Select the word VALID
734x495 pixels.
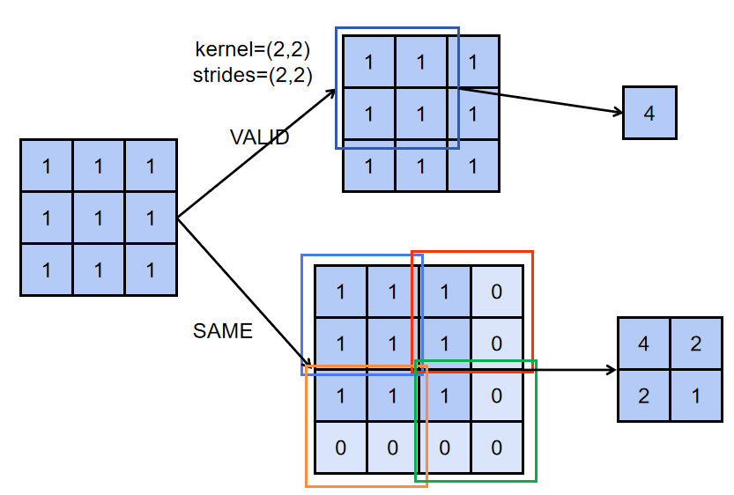[x=259, y=137]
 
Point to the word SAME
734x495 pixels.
[x=222, y=331]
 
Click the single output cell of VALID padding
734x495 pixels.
[x=649, y=113]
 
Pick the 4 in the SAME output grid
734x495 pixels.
[x=643, y=344]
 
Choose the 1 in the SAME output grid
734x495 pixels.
[x=695, y=395]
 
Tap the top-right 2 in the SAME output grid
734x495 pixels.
[x=695, y=344]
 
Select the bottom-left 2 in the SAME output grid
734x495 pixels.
[x=643, y=395]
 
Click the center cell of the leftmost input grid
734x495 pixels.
[x=99, y=217]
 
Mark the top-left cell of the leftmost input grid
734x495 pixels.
[x=47, y=165]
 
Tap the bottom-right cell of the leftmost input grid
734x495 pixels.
[x=151, y=269]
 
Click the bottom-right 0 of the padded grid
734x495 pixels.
[x=497, y=447]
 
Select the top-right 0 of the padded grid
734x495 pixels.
[x=497, y=292]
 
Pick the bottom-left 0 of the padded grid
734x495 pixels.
[x=341, y=447]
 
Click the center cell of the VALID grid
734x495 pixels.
[x=421, y=114]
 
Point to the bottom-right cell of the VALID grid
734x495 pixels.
[x=473, y=166]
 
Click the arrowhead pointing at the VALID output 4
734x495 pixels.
[x=619, y=112]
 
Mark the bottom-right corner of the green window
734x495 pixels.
[x=536, y=481]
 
